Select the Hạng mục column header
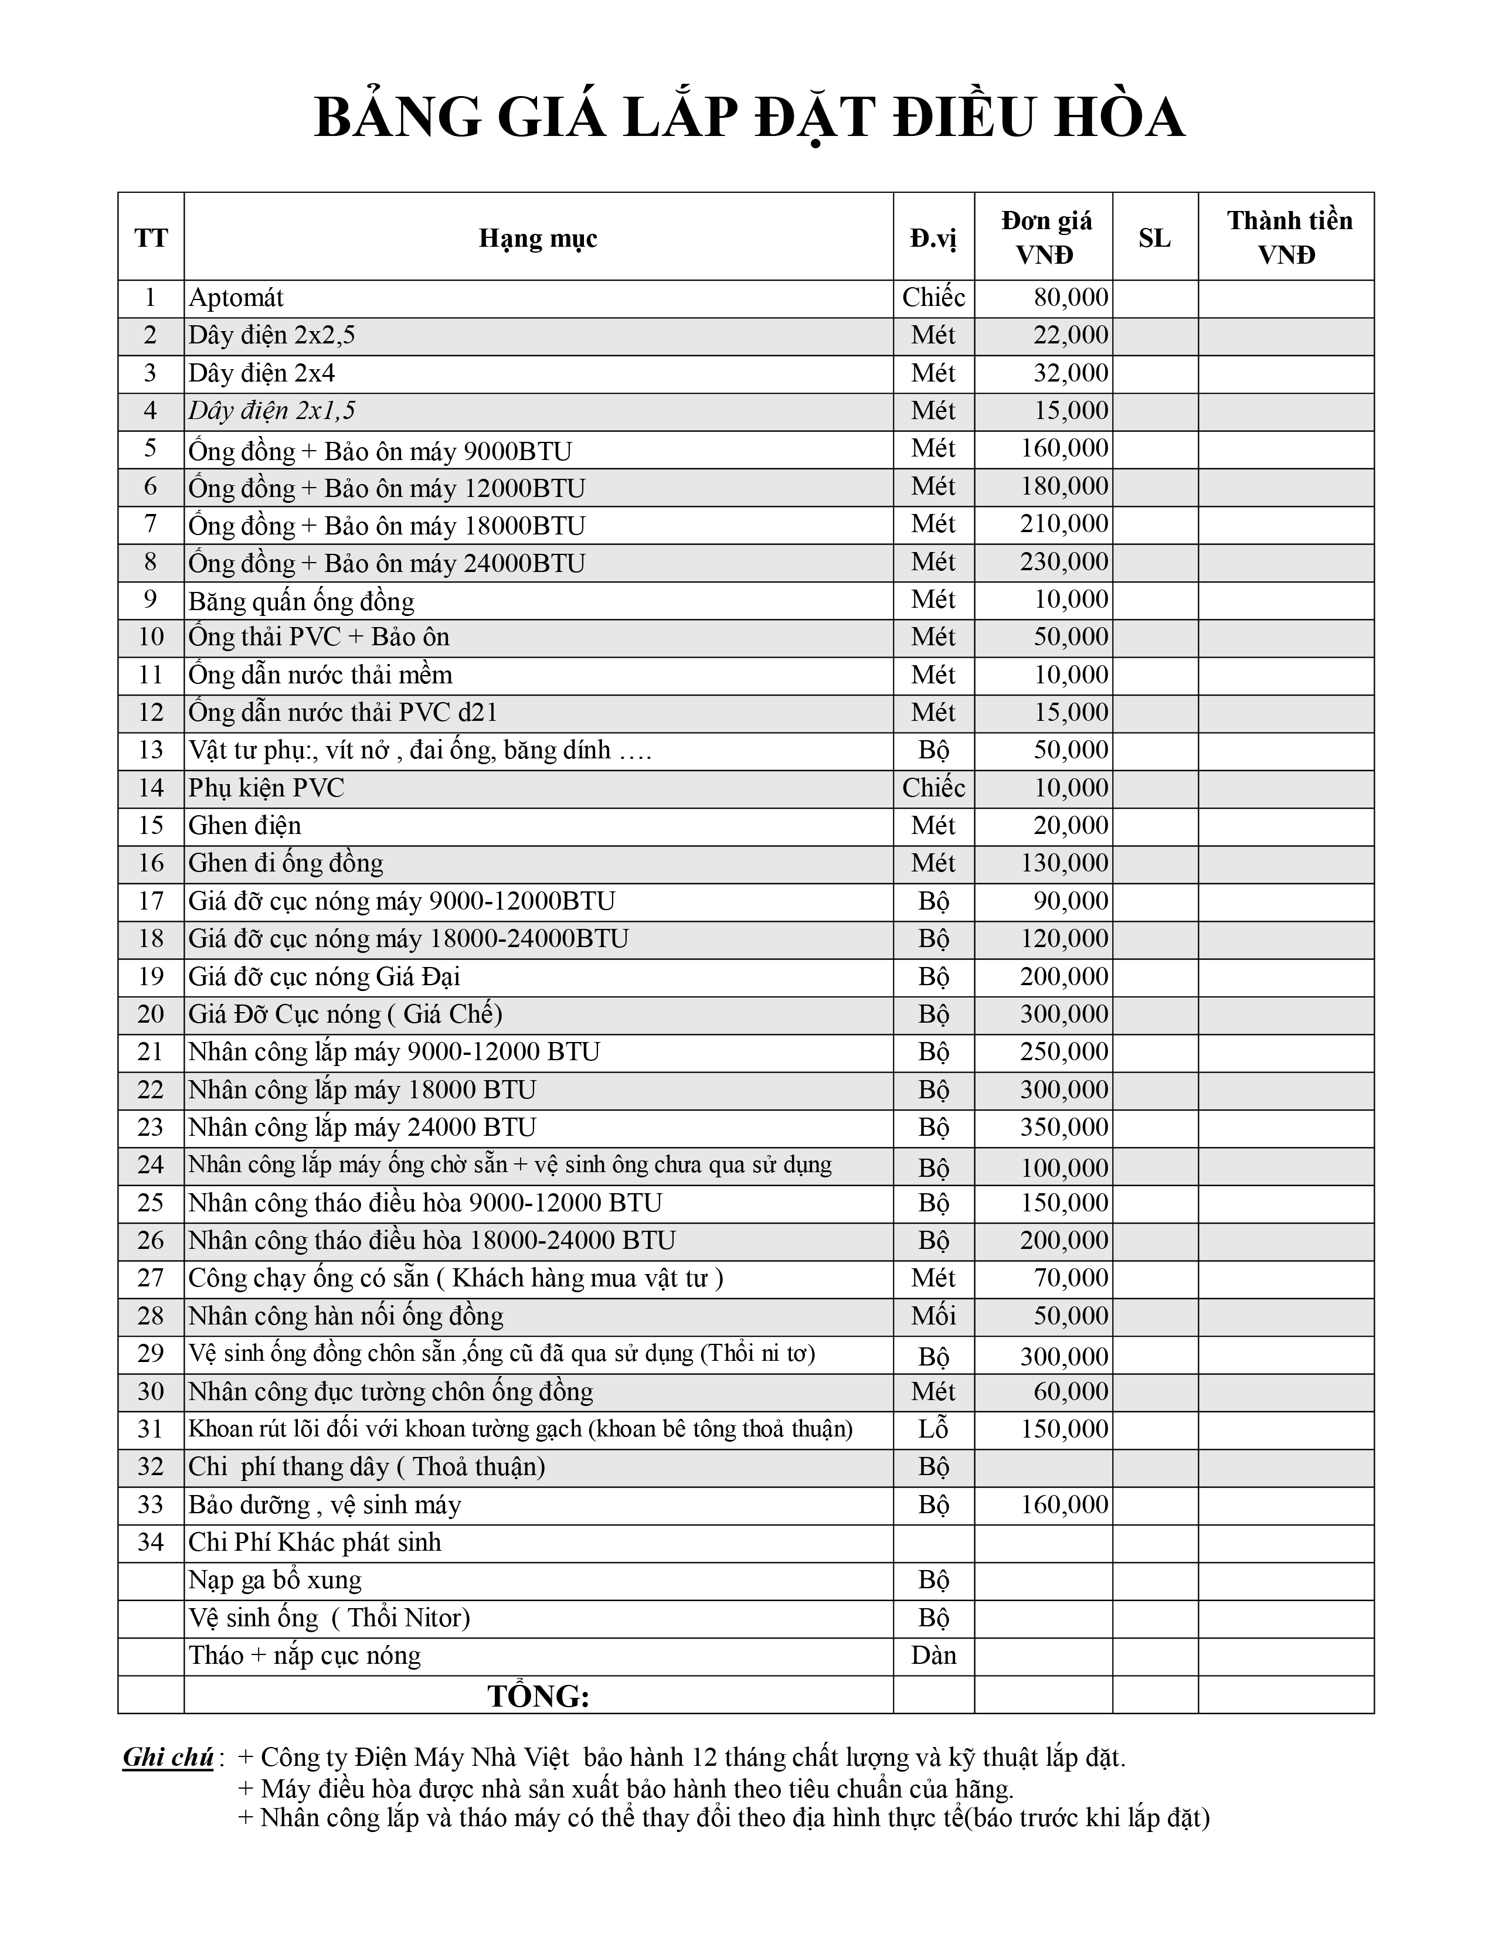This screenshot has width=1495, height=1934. [x=538, y=237]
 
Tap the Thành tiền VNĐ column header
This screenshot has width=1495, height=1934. [x=1289, y=237]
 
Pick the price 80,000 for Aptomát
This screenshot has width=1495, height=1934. [x=1071, y=298]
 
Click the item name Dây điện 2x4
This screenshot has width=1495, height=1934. [x=262, y=373]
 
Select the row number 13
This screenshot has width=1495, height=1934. [x=151, y=750]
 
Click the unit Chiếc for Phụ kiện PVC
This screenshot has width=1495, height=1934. [x=933, y=787]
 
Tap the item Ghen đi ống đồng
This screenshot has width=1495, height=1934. [x=285, y=863]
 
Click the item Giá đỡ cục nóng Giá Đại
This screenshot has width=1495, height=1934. [x=324, y=977]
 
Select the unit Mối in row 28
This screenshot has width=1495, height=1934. [x=933, y=1316]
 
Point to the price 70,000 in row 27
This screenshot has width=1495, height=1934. [x=1071, y=1278]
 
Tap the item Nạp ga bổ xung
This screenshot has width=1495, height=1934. [x=274, y=1580]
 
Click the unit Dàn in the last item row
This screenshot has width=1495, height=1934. [x=933, y=1655]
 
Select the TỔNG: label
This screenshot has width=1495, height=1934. [x=538, y=1696]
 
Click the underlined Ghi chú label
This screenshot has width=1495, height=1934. [x=168, y=1757]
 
